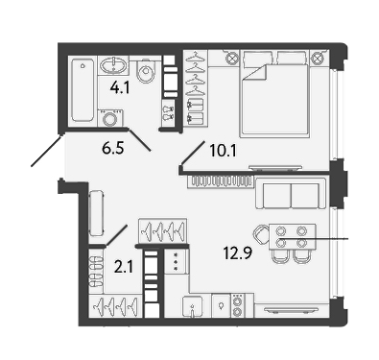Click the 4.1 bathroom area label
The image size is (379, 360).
[119, 86]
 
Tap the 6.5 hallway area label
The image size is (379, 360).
[113, 148]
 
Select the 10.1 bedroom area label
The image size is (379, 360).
[224, 151]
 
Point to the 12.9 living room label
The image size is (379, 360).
[238, 253]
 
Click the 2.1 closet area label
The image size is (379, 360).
[124, 267]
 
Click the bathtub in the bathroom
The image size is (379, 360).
[83, 90]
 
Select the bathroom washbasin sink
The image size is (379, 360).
[113, 65]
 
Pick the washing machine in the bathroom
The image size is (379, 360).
[110, 118]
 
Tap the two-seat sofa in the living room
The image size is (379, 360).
[291, 194]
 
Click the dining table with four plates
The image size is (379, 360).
[293, 237]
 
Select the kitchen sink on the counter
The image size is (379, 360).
[193, 306]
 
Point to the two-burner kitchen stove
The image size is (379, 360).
[238, 306]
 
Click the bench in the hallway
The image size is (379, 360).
[96, 213]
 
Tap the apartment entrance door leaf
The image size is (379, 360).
[46, 151]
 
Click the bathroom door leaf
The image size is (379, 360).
[139, 140]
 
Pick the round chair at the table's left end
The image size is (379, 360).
[261, 234]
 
